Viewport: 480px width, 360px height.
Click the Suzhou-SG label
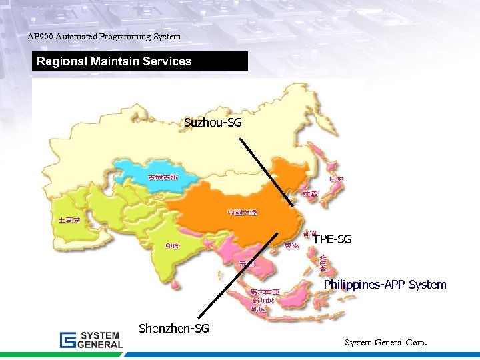(x=213, y=123)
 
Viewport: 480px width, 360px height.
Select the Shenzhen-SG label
(x=173, y=328)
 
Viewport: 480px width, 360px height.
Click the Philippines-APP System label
(x=385, y=285)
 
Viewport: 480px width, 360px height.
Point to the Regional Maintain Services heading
(x=114, y=61)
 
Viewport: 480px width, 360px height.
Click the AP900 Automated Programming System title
(x=104, y=37)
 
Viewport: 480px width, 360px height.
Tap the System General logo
(x=91, y=339)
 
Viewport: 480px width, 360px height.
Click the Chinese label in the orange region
(x=242, y=213)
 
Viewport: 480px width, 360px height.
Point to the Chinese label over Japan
(x=336, y=179)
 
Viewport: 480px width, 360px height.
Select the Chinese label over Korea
(x=310, y=193)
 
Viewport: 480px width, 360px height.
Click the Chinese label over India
(x=172, y=245)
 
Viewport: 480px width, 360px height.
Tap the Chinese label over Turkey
(x=69, y=219)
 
